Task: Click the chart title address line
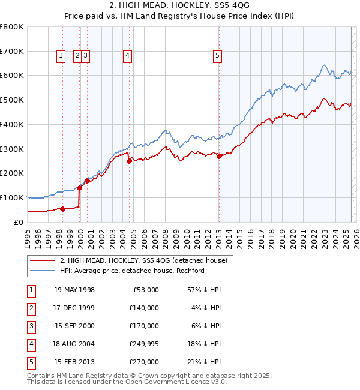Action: point(179,6)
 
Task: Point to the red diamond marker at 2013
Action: point(219,156)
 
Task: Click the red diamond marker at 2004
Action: point(130,161)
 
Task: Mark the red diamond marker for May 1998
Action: point(62,209)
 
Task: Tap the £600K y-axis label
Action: point(12,76)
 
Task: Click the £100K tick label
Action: point(12,197)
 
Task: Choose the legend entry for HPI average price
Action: point(132,271)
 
